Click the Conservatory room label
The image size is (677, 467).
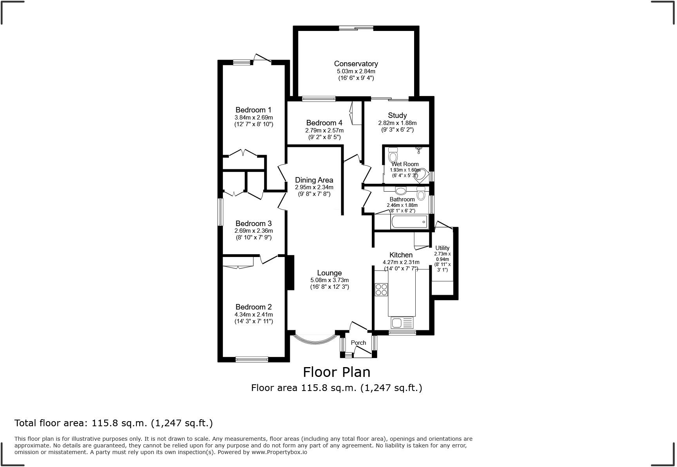356,63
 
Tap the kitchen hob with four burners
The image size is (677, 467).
381,290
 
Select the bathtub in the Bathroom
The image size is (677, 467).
409,222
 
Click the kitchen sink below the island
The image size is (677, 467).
402,323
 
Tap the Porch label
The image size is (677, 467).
358,342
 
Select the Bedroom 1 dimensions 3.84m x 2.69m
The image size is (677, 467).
253,118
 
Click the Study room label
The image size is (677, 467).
397,115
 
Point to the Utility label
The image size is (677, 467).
442,248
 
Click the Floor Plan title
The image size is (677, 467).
337,372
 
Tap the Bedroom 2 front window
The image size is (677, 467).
252,359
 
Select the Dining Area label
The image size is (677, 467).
314,180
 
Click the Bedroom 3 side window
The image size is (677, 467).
221,212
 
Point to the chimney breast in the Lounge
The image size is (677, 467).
291,273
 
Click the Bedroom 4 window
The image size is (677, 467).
319,99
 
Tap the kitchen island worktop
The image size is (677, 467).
402,293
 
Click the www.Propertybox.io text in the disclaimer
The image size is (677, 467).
279,452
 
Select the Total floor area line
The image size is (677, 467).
114,423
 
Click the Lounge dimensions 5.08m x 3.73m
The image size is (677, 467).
329,280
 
